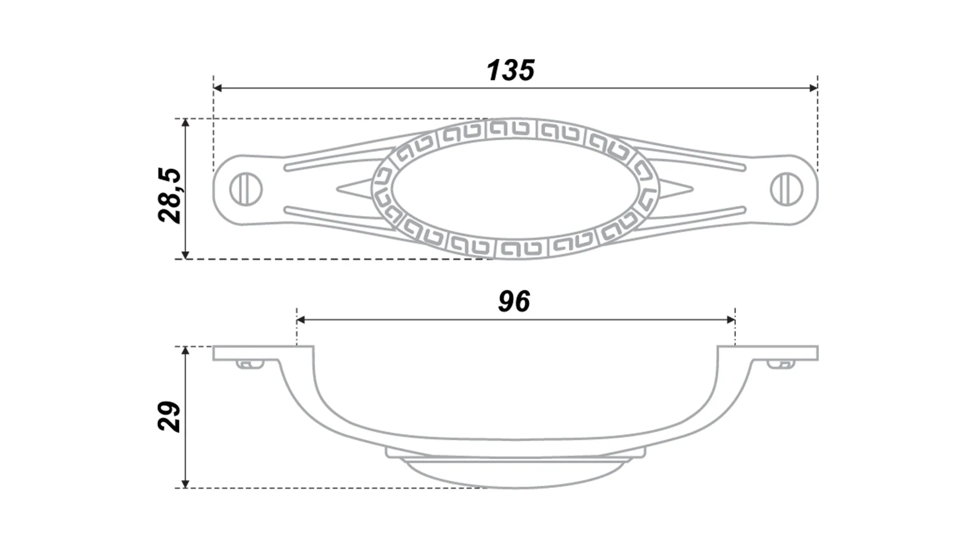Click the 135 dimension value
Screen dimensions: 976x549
pos(510,70)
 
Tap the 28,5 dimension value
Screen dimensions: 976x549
pos(170,196)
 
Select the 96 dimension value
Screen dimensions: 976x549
pos(514,301)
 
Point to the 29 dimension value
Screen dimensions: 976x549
pos(170,417)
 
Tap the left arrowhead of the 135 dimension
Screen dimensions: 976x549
pos(218,88)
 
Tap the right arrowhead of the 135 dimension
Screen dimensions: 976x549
pos(812,88)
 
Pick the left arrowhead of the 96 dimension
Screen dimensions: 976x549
pos(301,320)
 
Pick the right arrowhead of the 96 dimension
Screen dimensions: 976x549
pos(731,320)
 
